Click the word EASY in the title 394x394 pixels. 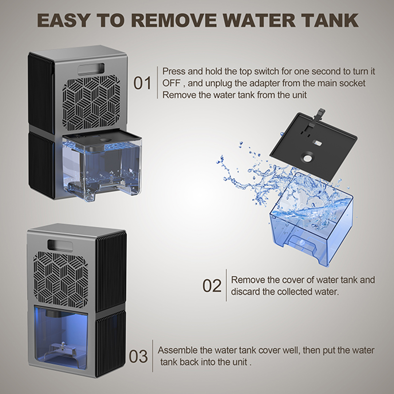click(63, 20)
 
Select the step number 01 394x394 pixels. click(142, 83)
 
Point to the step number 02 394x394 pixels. click(212, 286)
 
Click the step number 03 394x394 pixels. click(138, 356)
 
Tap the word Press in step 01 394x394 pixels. click(174, 71)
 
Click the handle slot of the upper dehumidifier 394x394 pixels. click(91, 69)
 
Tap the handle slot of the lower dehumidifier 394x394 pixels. click(60, 245)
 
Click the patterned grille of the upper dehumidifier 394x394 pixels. click(91, 103)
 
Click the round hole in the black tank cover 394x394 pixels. click(307, 158)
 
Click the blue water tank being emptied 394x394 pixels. click(312, 219)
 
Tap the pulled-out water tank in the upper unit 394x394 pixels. click(102, 167)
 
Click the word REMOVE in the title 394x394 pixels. click(174, 20)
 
